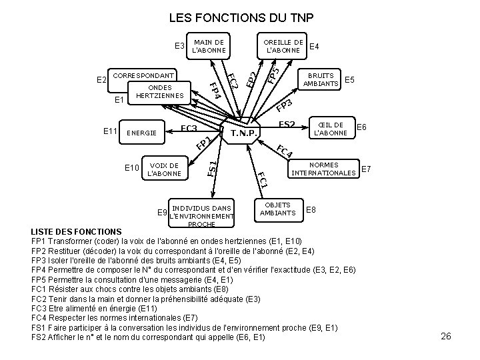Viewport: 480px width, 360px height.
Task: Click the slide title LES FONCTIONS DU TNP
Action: pos(241,17)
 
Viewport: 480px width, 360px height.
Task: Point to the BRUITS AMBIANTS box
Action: pos(321,79)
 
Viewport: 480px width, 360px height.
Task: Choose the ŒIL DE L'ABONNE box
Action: pos(330,129)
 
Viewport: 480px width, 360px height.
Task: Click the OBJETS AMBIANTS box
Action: pos(277,209)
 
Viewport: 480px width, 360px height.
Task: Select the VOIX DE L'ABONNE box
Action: pos(164,169)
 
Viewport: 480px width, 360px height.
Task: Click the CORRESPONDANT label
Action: pos(145,75)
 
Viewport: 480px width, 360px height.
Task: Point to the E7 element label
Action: pos(367,169)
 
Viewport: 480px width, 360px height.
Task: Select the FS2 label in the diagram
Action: pos(287,124)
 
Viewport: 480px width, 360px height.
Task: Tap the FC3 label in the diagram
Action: pos(189,128)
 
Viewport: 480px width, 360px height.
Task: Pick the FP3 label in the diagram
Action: pos(285,105)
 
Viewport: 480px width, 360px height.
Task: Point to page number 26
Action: pos(446,336)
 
